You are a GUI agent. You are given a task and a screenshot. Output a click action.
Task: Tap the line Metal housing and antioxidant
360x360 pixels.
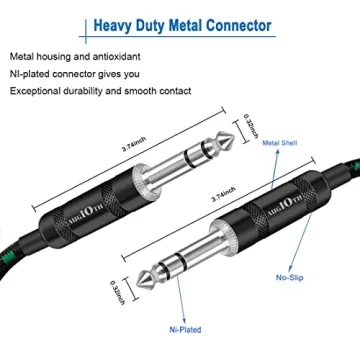click(75, 57)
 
